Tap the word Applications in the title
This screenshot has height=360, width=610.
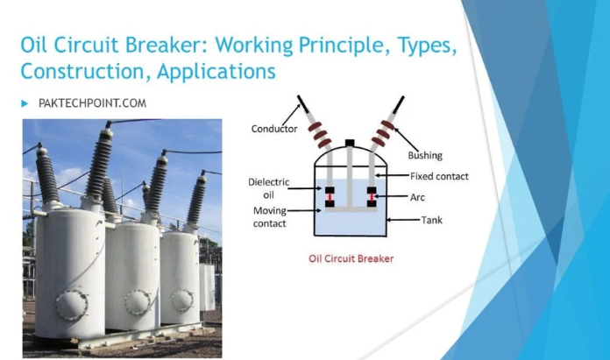click(x=216, y=72)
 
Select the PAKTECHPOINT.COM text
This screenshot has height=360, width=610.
click(x=93, y=103)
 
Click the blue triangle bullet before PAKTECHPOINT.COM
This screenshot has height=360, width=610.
click(x=25, y=104)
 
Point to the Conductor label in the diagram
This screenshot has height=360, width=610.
click(x=273, y=129)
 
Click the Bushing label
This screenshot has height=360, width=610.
click(x=425, y=156)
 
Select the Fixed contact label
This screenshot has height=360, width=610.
click(x=439, y=176)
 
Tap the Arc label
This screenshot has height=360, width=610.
click(x=417, y=197)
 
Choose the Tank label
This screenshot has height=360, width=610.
click(x=432, y=220)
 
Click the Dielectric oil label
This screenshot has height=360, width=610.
click(x=269, y=188)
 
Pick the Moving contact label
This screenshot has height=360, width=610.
click(x=270, y=217)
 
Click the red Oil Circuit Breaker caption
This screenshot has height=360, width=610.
click(x=351, y=258)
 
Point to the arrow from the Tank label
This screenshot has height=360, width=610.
click(x=403, y=220)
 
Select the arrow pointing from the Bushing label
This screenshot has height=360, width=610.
click(x=406, y=139)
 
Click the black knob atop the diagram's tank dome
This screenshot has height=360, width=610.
click(x=350, y=143)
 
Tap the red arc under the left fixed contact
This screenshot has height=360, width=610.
click(x=330, y=197)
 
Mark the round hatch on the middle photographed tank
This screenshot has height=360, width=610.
click(x=138, y=301)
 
